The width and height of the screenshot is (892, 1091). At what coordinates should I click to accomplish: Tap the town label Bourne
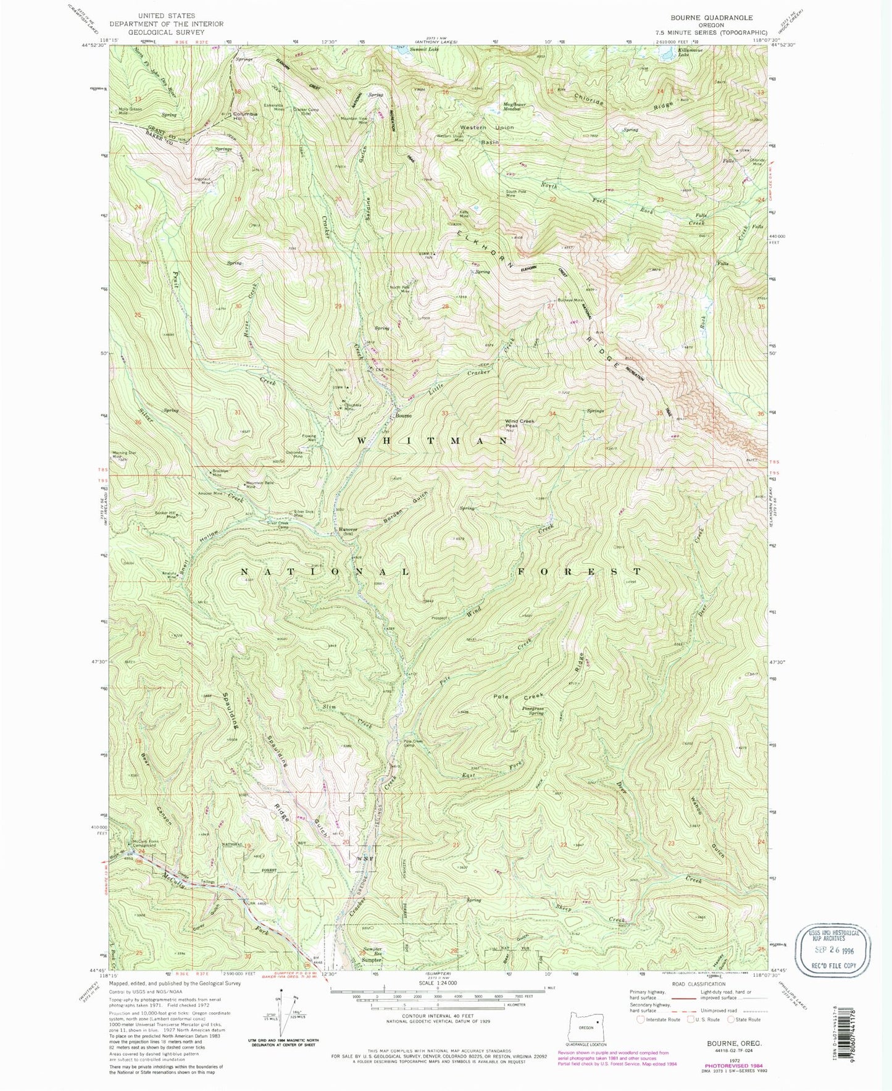(404, 416)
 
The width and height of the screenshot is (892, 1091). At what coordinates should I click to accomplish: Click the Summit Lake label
(427, 49)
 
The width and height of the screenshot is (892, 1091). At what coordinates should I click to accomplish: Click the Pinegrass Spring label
(532, 711)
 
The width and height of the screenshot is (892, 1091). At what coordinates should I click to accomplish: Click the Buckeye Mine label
(570, 300)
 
